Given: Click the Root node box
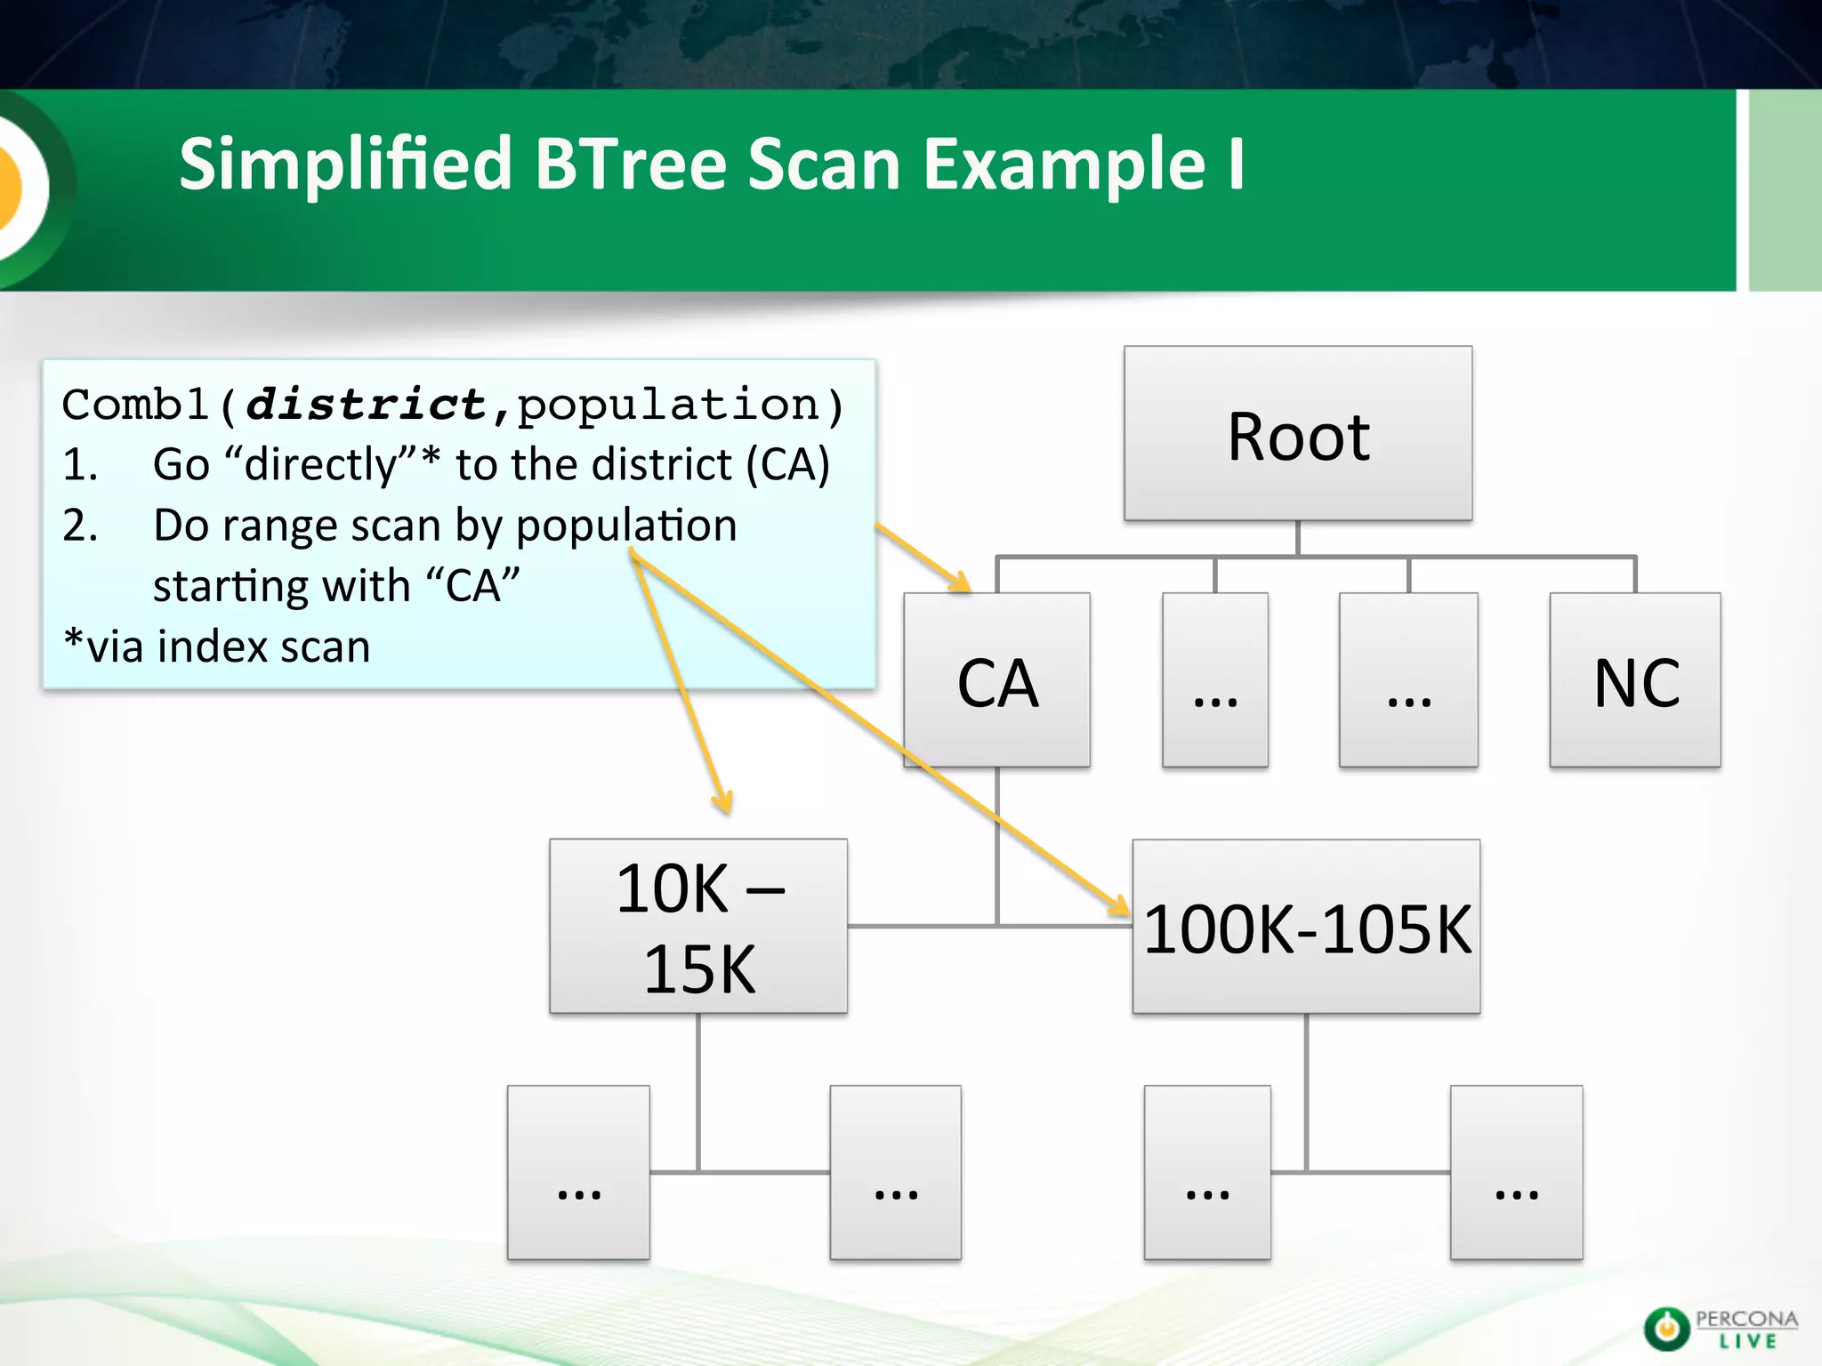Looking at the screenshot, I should pos(1297,434).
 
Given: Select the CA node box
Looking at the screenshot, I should pos(996,680).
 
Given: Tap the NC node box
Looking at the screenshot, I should pos(1634,680).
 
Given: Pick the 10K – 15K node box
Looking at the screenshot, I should pos(698,926).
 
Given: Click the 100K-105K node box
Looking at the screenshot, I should pos(1306,927).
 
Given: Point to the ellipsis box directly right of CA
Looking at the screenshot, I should pos(1214,680).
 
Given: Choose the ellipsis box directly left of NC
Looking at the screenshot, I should pos(1408,680).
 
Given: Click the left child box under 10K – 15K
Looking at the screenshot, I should pos(578,1172).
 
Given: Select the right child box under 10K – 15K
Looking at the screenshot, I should pos(895,1172).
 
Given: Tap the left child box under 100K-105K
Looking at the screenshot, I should pos(1207,1172).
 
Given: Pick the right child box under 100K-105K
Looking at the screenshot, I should pos(1516,1172).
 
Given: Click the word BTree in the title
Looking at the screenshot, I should pos(631,165).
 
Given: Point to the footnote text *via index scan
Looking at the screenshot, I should pos(217,647).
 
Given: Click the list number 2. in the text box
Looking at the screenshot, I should pos(80,526).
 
